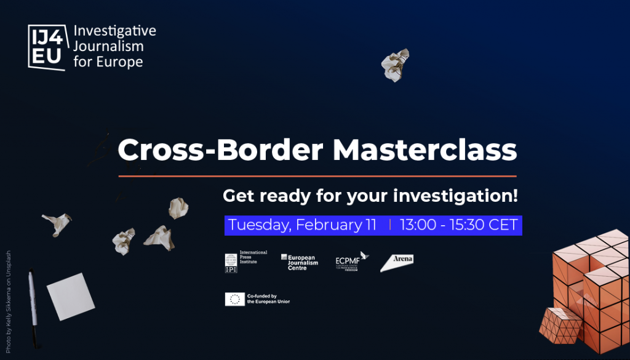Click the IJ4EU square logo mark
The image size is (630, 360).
coord(47,47)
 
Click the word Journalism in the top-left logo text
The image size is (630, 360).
coord(108,46)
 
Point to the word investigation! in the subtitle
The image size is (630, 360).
coord(455,196)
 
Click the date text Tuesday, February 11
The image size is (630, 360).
coord(302,225)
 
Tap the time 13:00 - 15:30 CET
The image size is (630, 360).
coord(458,225)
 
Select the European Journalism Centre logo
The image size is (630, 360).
coord(300,262)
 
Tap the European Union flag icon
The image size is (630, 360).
coord(234,299)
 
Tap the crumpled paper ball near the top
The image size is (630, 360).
coord(394,64)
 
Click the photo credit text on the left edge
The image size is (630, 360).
coord(8,301)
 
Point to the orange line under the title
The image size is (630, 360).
coord(317,176)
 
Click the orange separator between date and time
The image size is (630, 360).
coord(390,225)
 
